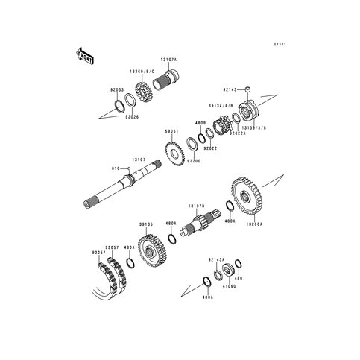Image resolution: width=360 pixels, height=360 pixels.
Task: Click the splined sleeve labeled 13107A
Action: click(172, 76)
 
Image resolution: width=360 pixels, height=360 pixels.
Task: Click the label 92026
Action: click(133, 116)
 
